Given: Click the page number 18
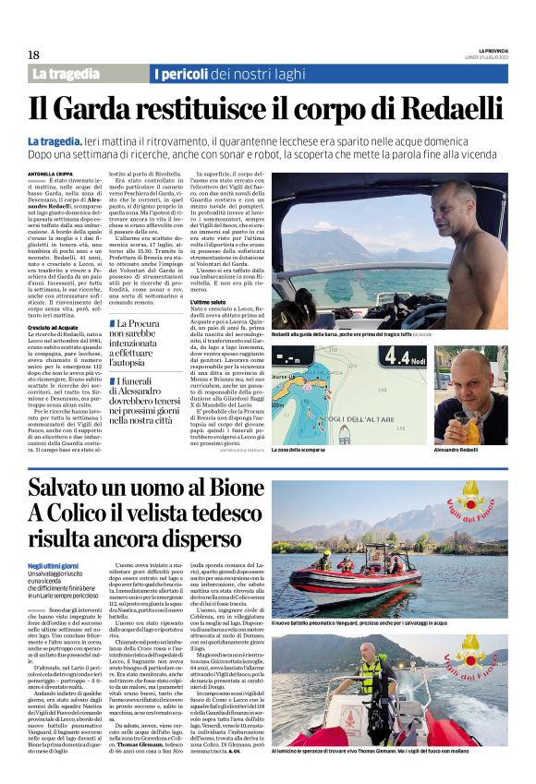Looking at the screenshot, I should [x=33, y=54].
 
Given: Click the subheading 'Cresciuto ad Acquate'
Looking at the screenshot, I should [x=53, y=327].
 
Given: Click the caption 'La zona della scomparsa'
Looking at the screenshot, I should [x=298, y=450].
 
